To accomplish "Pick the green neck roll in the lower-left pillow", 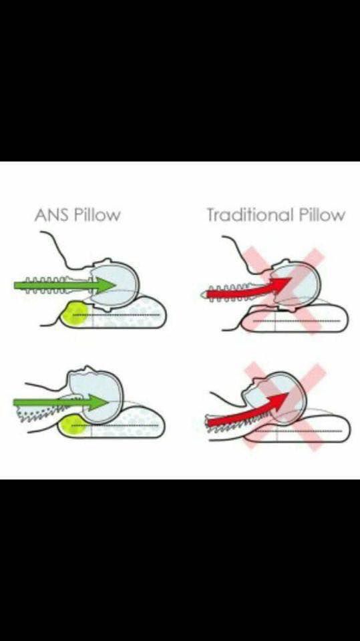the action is point(73,425).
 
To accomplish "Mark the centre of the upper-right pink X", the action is point(283,291).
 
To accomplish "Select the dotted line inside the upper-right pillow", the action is point(297,321).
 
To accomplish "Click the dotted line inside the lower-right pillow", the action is point(299,431).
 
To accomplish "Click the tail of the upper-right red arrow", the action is point(208,294).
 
